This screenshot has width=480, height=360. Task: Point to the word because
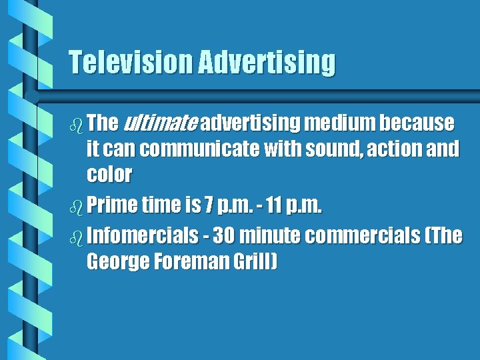click(x=419, y=123)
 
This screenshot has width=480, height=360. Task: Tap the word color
click(x=109, y=175)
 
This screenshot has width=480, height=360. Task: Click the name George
click(x=117, y=262)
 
